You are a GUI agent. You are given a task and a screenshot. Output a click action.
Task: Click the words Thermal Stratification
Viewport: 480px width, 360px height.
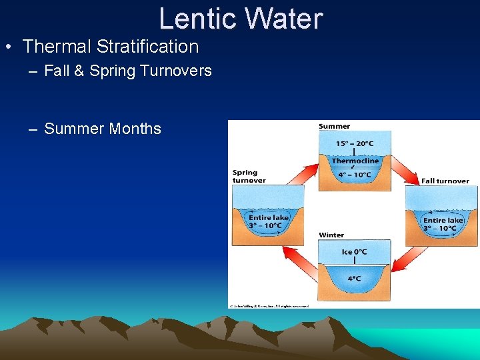(x=111, y=47)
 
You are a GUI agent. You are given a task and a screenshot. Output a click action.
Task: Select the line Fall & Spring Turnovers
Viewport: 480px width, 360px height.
(x=127, y=71)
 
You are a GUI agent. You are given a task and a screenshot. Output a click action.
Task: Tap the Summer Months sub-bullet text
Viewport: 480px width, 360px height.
(x=103, y=129)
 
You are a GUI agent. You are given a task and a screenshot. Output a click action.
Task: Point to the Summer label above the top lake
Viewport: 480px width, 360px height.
(x=334, y=127)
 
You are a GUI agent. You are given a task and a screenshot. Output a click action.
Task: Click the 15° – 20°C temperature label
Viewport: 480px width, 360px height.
(x=354, y=143)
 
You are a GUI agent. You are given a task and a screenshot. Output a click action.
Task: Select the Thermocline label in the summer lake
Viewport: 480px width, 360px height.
(x=355, y=161)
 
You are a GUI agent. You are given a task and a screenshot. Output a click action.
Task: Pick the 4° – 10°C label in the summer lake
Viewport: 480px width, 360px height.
(x=354, y=175)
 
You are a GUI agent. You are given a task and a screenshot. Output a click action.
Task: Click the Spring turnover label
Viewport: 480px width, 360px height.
(x=249, y=176)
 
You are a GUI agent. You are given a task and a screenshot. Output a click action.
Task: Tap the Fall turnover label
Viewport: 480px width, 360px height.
(x=445, y=181)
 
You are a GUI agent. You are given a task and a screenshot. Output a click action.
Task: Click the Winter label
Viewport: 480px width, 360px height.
(x=331, y=235)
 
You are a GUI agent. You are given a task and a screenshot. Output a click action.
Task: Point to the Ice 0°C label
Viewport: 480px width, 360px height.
(x=354, y=251)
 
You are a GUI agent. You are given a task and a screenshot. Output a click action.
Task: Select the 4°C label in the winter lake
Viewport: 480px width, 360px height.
(x=354, y=279)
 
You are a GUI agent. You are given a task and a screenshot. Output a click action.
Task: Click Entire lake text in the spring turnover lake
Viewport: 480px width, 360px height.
(x=269, y=217)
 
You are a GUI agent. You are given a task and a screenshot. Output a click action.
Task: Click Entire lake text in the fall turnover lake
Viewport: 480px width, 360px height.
(x=443, y=220)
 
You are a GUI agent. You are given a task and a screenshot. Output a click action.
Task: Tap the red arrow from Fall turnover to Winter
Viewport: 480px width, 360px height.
(x=409, y=260)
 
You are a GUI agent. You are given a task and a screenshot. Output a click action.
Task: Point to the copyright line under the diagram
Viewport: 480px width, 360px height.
(x=269, y=305)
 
